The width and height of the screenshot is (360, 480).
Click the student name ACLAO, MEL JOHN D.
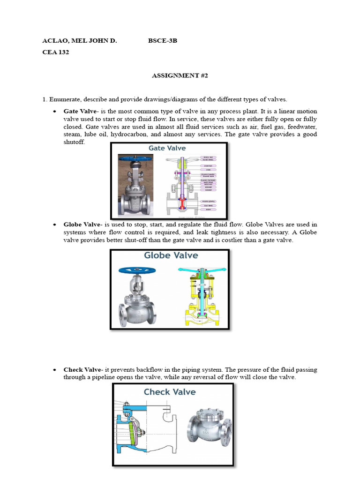79,41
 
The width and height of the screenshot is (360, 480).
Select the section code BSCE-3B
163,41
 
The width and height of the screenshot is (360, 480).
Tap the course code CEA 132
55,52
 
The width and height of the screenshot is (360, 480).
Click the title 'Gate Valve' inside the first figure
167,148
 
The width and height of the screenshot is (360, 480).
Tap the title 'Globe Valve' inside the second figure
171,255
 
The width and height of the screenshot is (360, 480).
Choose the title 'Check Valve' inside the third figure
170,392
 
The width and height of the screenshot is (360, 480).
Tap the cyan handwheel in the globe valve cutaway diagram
197,271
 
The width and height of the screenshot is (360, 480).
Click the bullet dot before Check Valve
54,370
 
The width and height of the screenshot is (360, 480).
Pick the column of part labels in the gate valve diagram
208,183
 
